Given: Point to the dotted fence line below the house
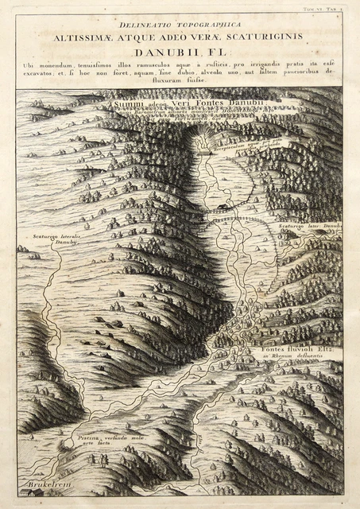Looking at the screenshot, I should [238, 218].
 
